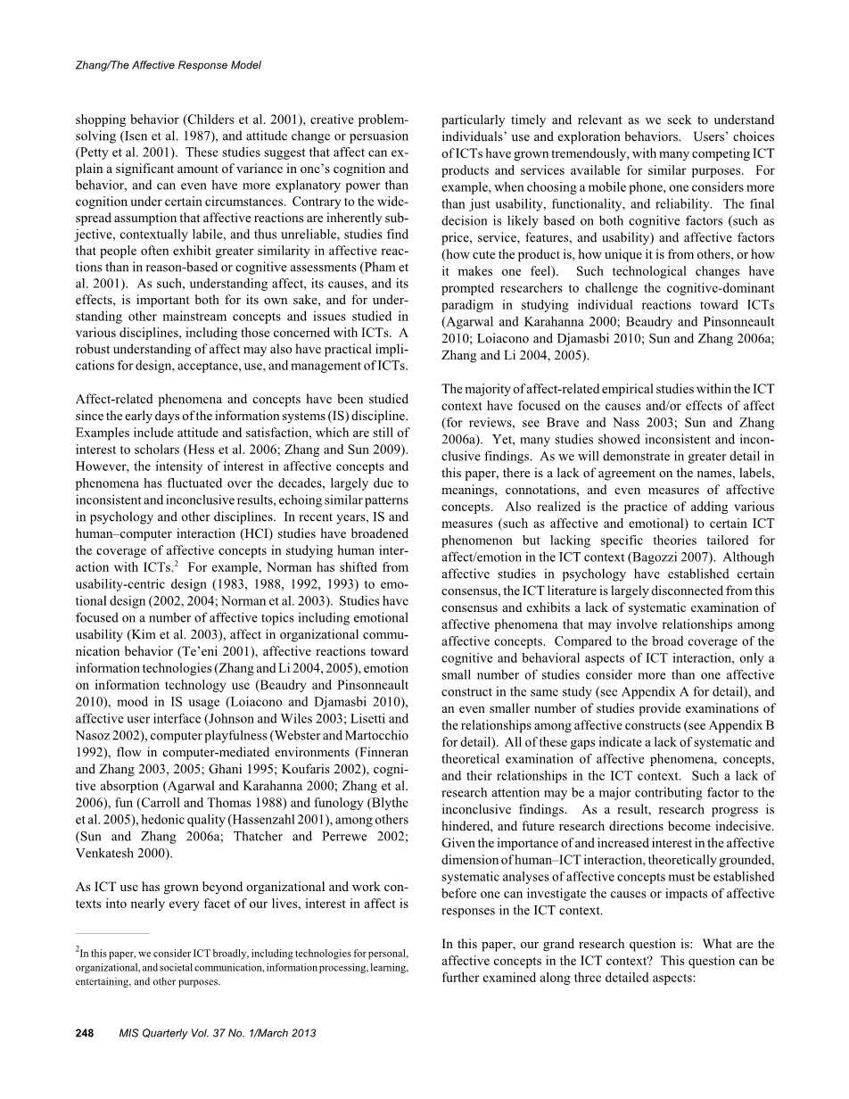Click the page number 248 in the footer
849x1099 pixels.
[x=85, y=1033]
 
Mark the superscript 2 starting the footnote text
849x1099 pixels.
[x=78, y=952]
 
